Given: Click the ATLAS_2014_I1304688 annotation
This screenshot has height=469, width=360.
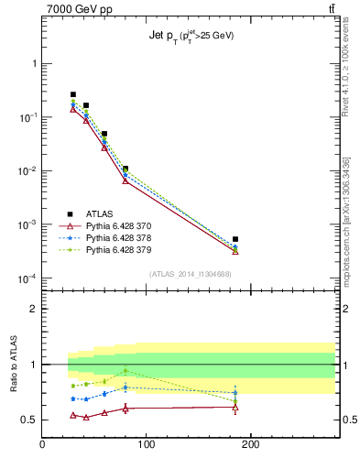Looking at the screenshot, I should pyautogui.click(x=189, y=274).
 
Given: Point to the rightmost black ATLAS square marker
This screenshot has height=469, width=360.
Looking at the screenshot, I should pyautogui.click(x=235, y=239).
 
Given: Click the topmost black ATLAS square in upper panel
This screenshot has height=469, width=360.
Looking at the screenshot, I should pyautogui.click(x=73, y=94).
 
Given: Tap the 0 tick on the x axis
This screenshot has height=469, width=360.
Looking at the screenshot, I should pyautogui.click(x=43, y=444).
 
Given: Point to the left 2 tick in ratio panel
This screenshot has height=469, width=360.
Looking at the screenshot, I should pyautogui.click(x=34, y=309).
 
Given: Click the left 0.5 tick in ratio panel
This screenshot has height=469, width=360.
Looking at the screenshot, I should pyautogui.click(x=30, y=420).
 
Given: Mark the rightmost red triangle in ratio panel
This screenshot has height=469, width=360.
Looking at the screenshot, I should pyautogui.click(x=235, y=407).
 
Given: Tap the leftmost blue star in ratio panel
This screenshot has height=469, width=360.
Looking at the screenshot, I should pyautogui.click(x=73, y=398).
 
